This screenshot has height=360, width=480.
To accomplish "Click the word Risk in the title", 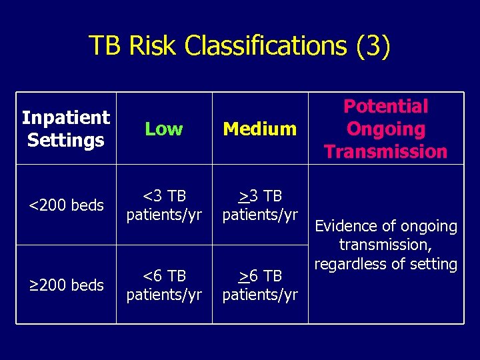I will pyautogui.click(x=154, y=46).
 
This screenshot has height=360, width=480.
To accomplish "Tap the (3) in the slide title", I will pyautogui.click(x=373, y=46).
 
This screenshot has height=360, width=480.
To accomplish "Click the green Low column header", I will pyautogui.click(x=163, y=129).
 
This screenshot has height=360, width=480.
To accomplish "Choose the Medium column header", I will pyautogui.click(x=259, y=129).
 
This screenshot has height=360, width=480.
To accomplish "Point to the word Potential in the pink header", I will pyautogui.click(x=385, y=106).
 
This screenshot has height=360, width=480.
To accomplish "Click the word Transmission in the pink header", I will pyautogui.click(x=385, y=151).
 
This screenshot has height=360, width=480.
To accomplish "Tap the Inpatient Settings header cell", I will pyautogui.click(x=65, y=129).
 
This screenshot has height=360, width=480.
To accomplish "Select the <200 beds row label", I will pyautogui.click(x=65, y=205).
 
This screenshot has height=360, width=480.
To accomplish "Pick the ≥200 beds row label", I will pyautogui.click(x=65, y=285).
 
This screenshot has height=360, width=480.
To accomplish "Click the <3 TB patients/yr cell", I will pyautogui.click(x=163, y=205).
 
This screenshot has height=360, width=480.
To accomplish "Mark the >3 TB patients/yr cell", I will pyautogui.click(x=259, y=205).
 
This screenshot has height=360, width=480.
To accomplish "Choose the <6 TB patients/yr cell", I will pyautogui.click(x=163, y=285).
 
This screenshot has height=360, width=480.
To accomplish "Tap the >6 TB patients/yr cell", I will pyautogui.click(x=259, y=285).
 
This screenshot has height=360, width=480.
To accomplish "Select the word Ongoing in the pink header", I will pyautogui.click(x=385, y=129).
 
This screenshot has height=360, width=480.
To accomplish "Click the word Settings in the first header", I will pyautogui.click(x=65, y=141).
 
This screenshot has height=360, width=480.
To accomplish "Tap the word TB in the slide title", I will pyautogui.click(x=105, y=46).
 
